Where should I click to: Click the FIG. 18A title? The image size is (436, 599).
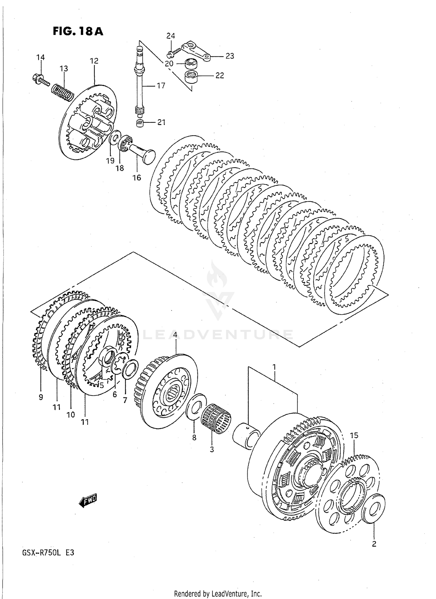tap(78, 31)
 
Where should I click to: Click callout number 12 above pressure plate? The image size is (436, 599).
tap(94, 61)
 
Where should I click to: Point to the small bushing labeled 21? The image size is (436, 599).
tap(140, 123)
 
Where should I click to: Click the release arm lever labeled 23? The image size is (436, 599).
tap(196, 51)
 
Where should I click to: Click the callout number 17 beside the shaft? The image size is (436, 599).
tap(161, 86)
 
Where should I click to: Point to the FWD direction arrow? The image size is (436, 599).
tap(88, 500)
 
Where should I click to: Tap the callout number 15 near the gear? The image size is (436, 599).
tap(354, 436)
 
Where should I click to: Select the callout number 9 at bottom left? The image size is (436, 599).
tap(41, 397)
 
